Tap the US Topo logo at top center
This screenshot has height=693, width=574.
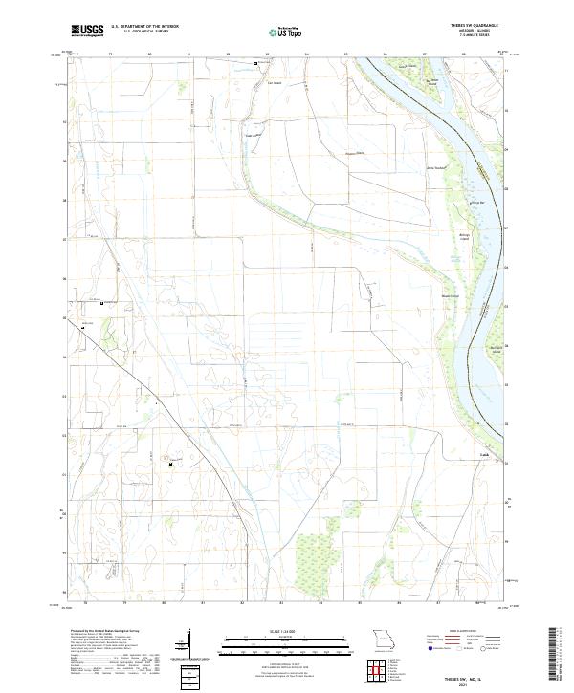point(276,32)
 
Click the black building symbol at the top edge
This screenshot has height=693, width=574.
point(255,63)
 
